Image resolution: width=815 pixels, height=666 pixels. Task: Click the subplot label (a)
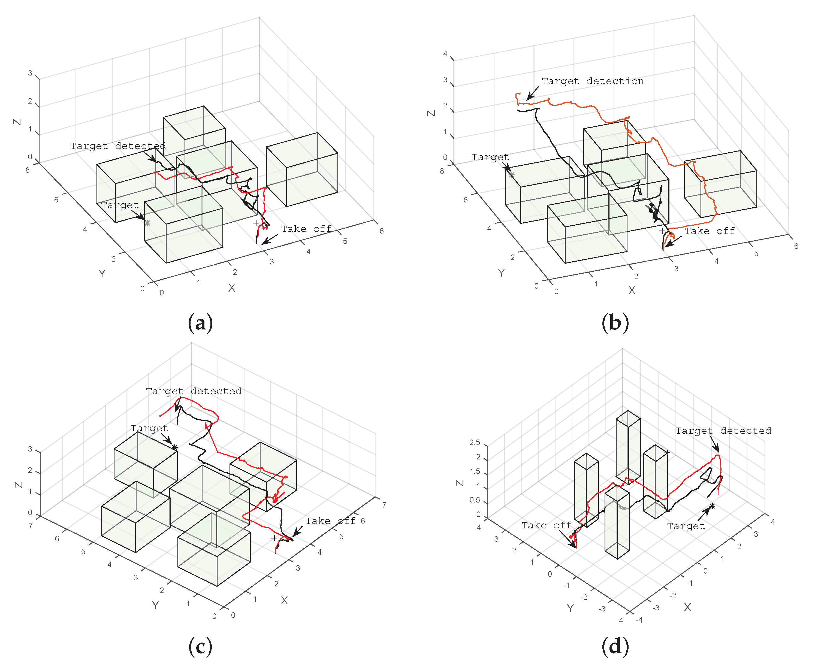coord(200,322)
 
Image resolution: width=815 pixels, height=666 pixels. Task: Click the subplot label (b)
coord(615,322)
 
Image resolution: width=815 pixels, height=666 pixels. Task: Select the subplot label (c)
coord(200,646)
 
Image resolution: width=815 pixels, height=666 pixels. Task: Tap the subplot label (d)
coord(615,646)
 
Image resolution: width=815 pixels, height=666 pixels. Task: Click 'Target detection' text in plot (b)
coord(593,81)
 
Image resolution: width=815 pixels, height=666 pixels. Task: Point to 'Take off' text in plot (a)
coord(306,229)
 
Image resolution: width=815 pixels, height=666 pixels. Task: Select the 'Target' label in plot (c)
coord(149,428)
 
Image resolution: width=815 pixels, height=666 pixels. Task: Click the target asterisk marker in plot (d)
coord(712,506)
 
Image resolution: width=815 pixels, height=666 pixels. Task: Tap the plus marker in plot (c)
coord(274,538)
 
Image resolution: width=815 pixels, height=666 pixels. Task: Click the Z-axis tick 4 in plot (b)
coord(445,54)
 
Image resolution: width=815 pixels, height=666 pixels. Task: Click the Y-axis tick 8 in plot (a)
coord(28,170)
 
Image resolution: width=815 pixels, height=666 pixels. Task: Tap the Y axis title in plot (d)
coord(570,608)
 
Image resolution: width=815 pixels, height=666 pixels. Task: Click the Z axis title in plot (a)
coord(17,122)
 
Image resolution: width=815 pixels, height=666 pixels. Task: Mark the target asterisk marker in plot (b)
coord(511,175)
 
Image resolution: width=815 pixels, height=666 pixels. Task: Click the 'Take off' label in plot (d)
coord(547,525)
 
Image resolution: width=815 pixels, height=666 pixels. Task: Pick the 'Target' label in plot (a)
coord(120,205)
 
